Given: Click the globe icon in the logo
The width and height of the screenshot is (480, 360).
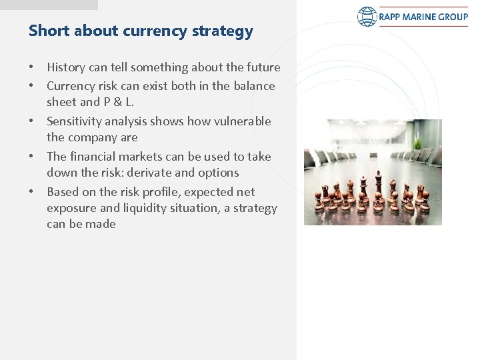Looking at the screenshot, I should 367,15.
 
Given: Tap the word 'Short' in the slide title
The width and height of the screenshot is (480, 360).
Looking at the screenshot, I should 45,31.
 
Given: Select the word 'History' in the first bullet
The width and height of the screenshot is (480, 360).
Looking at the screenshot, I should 65,67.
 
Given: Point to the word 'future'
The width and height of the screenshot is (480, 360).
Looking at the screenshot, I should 263,67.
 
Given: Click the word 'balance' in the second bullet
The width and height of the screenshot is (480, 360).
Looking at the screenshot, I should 254,85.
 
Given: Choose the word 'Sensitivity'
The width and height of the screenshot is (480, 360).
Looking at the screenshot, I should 75,121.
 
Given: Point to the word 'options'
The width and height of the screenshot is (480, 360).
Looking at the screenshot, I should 217,173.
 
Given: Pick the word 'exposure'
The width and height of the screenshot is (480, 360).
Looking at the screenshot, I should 69,208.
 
